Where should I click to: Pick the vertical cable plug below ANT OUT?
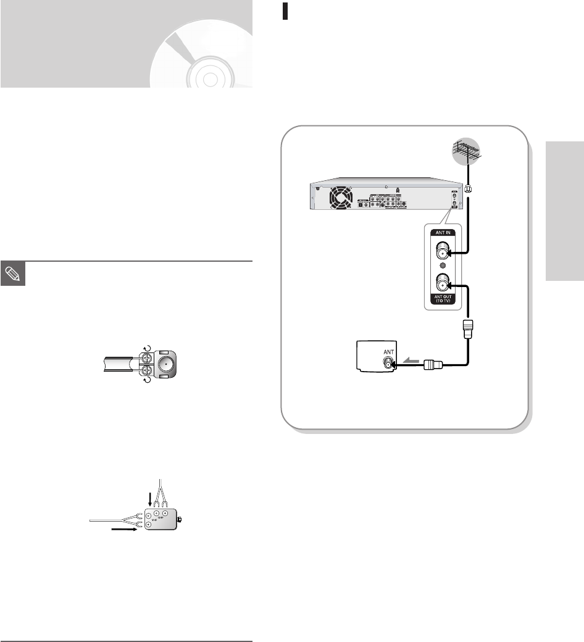tap(465, 329)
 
